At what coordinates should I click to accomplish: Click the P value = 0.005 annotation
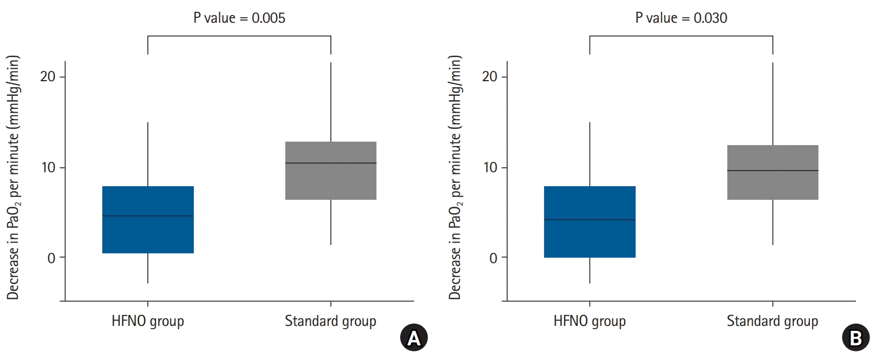(x=239, y=18)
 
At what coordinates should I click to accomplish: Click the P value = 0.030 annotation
(x=681, y=18)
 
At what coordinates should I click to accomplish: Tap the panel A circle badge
(x=414, y=338)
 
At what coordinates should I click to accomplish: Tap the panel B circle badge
(x=855, y=338)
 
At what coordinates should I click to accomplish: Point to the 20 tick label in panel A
(x=48, y=77)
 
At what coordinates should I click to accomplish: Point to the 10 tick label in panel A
(x=48, y=168)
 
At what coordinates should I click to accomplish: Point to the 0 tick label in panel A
(x=51, y=258)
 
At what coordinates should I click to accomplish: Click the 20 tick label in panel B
(x=489, y=77)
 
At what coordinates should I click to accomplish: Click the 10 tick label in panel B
(x=490, y=168)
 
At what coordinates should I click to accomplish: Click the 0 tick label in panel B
(x=493, y=258)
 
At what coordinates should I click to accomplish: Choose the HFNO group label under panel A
(x=148, y=321)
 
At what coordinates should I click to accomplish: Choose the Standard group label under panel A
(x=330, y=321)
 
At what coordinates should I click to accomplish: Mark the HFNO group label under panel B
(x=590, y=321)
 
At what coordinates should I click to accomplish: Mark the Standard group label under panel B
(x=773, y=321)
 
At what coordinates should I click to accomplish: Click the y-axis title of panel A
(x=13, y=178)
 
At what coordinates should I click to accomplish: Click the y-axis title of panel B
(x=455, y=178)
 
